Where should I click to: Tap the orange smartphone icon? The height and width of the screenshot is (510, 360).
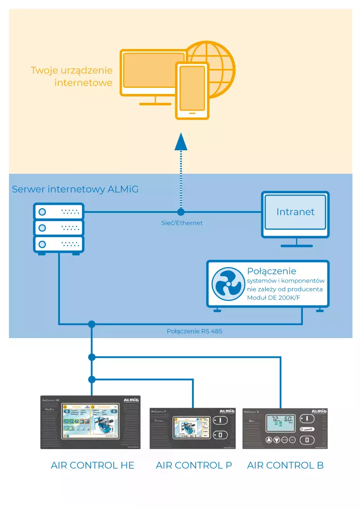click(x=192, y=91)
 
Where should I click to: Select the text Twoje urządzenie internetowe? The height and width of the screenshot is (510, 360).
click(x=72, y=76)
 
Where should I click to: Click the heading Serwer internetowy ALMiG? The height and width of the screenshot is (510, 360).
click(x=75, y=189)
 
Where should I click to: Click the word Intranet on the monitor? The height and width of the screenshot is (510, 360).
click(x=295, y=212)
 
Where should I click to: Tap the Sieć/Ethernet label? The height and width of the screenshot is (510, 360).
click(x=182, y=223)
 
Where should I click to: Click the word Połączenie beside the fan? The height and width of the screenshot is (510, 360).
click(x=271, y=271)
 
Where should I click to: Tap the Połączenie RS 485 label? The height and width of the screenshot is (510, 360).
click(x=194, y=331)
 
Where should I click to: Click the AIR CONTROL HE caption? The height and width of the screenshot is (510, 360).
click(x=92, y=465)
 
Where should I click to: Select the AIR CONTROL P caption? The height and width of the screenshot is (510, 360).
click(x=194, y=465)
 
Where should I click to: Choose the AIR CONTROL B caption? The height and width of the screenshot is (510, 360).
click(x=285, y=465)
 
